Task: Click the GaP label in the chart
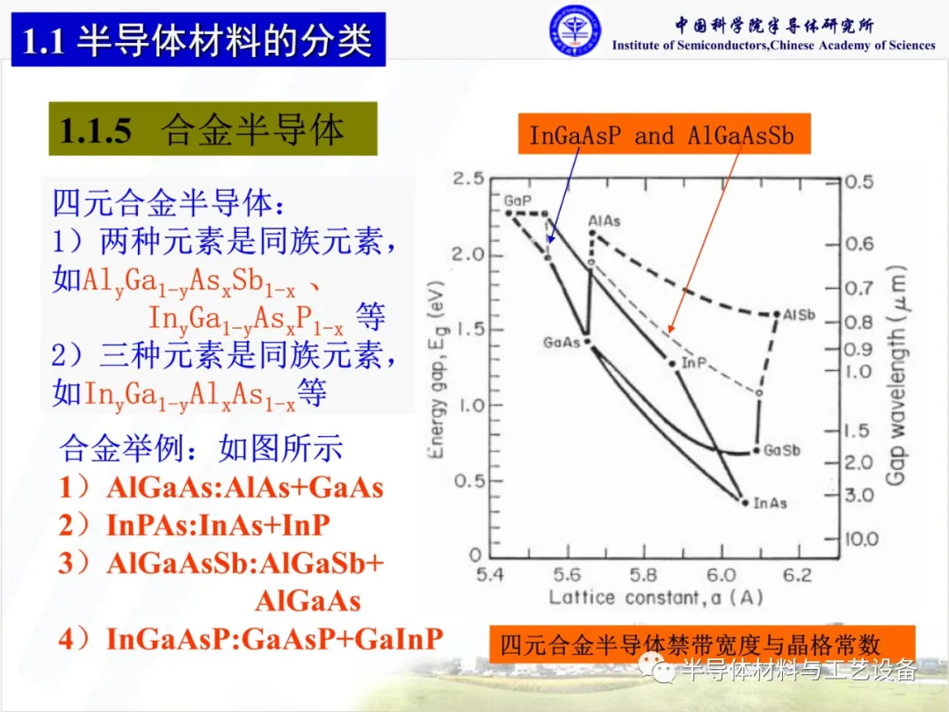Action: coord(518,201)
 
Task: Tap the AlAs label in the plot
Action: coord(604,221)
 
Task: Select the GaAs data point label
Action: coord(561,343)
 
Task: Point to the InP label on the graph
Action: coord(693,363)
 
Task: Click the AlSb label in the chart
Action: coord(799,315)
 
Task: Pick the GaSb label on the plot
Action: coord(781,450)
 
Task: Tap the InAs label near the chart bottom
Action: coord(770,503)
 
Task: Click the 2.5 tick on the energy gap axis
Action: coord(468,178)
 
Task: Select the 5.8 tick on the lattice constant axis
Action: coord(643,575)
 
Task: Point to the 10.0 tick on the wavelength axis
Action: coord(861,539)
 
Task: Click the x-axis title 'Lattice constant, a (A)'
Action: coord(656,598)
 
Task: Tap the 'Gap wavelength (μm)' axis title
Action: coord(895,375)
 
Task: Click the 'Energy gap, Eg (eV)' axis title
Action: coord(438,370)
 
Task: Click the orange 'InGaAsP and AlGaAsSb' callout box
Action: coord(664,134)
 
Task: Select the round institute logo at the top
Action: coord(575,32)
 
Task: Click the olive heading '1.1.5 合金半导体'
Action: coord(213,129)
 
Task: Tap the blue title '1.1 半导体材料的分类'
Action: coord(199,40)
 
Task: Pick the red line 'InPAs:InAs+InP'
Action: coord(194,525)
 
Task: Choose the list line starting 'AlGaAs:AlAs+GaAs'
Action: coord(221,487)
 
